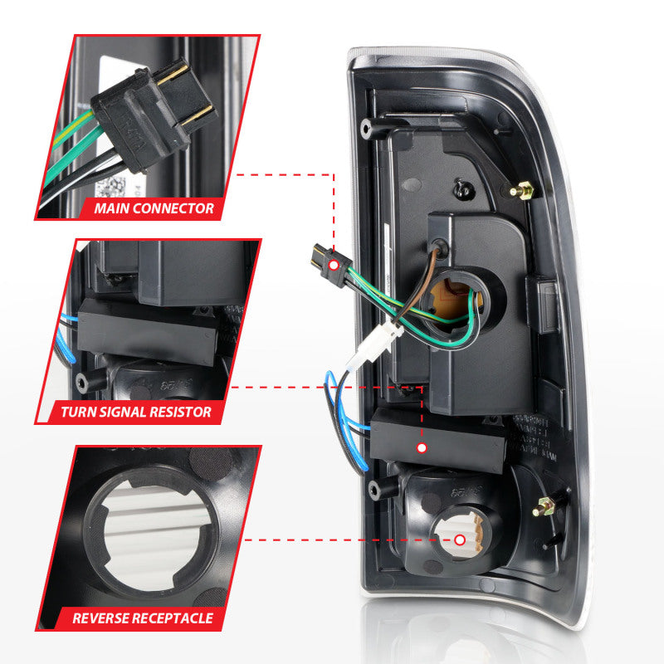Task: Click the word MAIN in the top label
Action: coord(113,208)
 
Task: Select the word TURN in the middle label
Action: coord(79,411)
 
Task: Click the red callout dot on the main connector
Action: coord(334,265)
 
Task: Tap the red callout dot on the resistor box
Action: coord(422,447)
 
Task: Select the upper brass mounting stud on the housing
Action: coord(523,191)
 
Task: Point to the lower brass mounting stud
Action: coord(548,504)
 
